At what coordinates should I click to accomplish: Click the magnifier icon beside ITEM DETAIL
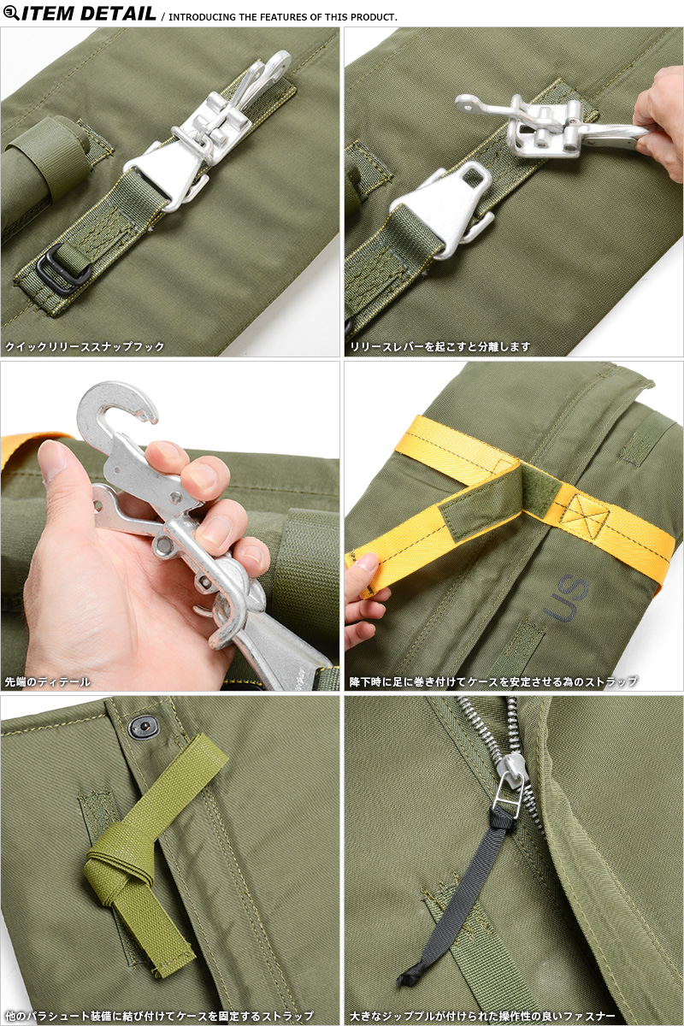point(11,13)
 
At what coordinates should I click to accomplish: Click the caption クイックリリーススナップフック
point(85,346)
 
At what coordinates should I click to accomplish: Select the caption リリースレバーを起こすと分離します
point(439,346)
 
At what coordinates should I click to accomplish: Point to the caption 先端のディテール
point(47,681)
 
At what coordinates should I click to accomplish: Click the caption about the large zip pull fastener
point(482,1016)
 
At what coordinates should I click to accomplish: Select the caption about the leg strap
point(493,681)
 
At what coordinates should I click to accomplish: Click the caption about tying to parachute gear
point(159,1016)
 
